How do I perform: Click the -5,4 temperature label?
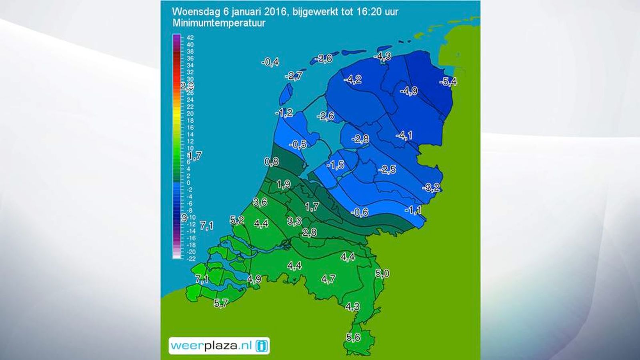coord(448,82)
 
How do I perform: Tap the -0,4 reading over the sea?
coord(270,62)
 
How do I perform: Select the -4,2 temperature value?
coord(353,79)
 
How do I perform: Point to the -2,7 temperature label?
coord(294,76)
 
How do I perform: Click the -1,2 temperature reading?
coord(284,113)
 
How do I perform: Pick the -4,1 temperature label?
coord(404,136)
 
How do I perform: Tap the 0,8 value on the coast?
coord(272,162)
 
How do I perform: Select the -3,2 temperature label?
coord(431,187)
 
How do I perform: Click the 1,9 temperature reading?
coord(283,184)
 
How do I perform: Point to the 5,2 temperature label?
coord(237,220)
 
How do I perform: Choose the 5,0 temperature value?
coord(382,274)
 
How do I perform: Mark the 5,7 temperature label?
coord(221,303)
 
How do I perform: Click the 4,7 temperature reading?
coord(328,279)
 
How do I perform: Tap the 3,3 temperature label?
coord(294,221)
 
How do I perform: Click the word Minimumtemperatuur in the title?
coord(219,23)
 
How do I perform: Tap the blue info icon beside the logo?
coord(262,346)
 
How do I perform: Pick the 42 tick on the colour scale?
coord(190,38)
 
